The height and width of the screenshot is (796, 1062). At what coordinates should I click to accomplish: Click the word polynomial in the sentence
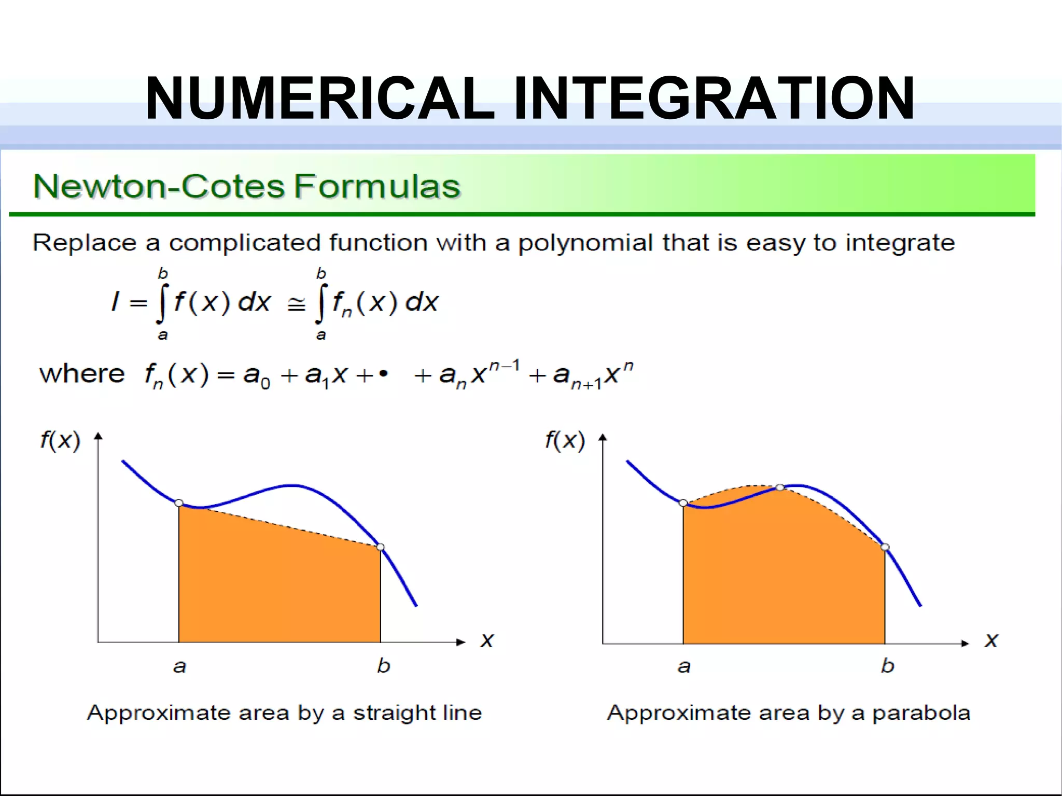coord(585,243)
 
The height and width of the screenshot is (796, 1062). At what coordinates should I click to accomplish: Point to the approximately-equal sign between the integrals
coord(296,305)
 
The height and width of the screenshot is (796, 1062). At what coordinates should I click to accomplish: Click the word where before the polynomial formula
coord(82,373)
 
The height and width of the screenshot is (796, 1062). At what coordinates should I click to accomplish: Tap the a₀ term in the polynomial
coord(257,375)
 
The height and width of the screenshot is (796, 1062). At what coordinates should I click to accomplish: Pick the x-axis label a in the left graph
coord(179,666)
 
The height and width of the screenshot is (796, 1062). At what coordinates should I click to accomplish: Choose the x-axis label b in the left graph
coord(383,665)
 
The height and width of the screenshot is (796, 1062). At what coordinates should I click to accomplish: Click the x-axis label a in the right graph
coord(684,666)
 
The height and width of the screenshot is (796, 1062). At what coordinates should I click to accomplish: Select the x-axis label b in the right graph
coord(887,665)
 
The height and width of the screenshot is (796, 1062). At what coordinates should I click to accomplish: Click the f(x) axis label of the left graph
coord(60,441)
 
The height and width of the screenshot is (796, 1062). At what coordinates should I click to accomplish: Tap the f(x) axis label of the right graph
coord(565,441)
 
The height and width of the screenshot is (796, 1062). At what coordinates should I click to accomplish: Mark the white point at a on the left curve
coord(179,502)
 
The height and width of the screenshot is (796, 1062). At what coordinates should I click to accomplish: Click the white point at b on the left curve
coord(381,547)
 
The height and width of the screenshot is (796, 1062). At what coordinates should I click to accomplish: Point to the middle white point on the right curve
coord(780,487)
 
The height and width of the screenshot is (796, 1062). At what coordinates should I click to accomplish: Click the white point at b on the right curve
coord(885,547)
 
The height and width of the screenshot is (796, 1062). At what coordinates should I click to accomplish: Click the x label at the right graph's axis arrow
coord(991,640)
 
